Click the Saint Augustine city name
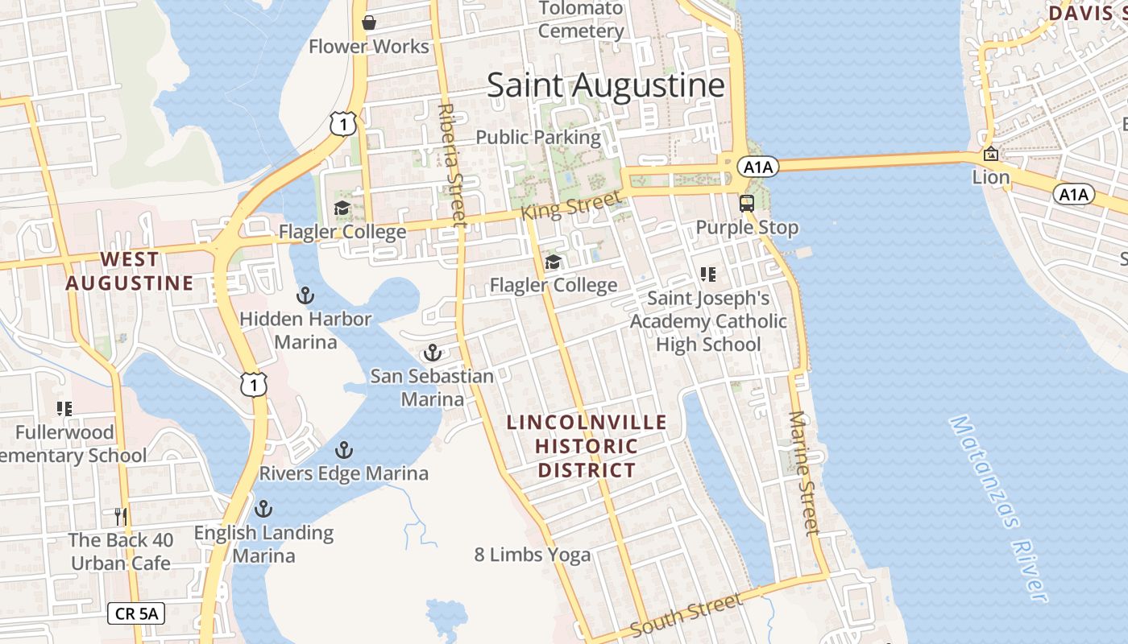[x=605, y=85]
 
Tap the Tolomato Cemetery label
[x=581, y=20]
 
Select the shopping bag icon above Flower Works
[x=369, y=23]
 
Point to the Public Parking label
[x=538, y=138]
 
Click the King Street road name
[x=571, y=206]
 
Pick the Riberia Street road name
[x=452, y=164]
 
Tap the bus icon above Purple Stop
[x=747, y=203]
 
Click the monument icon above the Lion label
[x=990, y=154]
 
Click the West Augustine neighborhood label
[x=130, y=271]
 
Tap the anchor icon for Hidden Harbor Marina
[x=305, y=295]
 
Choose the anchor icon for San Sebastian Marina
[x=433, y=353]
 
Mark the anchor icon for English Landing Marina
[x=263, y=509]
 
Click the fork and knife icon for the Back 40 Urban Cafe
[x=121, y=516]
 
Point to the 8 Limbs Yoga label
[x=532, y=555]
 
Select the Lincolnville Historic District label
[x=587, y=447]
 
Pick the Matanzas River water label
[x=998, y=509]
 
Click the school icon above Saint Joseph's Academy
[x=708, y=275]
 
